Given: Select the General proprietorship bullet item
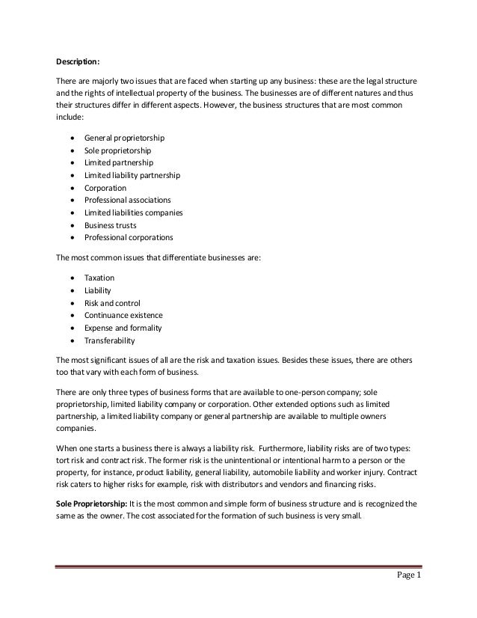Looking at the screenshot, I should tap(124, 138).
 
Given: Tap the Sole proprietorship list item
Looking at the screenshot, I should tap(119, 150).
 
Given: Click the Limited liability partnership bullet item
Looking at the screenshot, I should tap(132, 175).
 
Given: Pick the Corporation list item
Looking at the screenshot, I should tap(105, 188).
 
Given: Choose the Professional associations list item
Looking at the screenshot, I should tap(128, 200).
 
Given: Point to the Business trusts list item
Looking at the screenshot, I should tap(110, 224).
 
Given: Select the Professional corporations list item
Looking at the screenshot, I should tap(129, 237).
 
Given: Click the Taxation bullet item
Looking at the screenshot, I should tap(99, 277).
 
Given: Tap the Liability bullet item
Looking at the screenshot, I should tap(98, 290).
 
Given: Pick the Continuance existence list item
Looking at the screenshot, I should tap(123, 315).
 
